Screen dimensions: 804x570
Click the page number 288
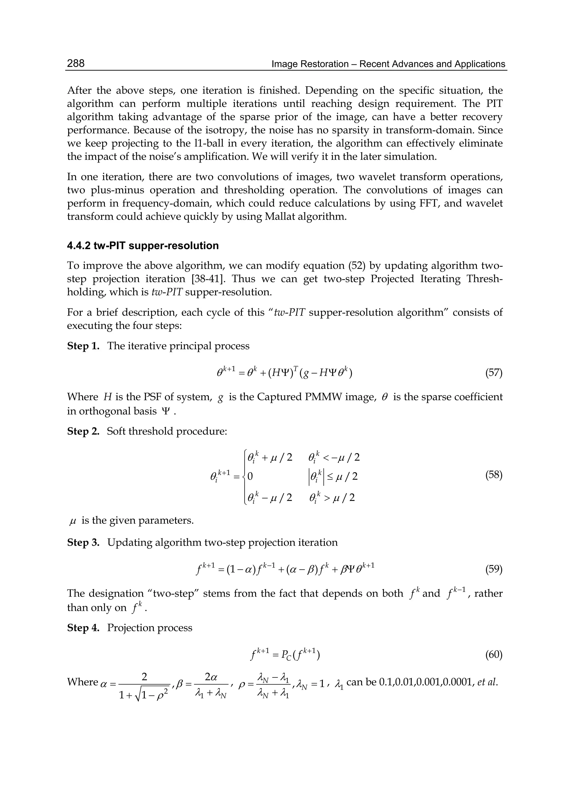point(76,63)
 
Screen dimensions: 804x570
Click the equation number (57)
point(493,372)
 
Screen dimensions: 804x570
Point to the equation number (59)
point(493,569)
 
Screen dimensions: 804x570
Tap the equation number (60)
point(493,655)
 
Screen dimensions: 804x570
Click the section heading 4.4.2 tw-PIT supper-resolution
point(142,246)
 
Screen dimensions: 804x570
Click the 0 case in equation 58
point(250,476)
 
